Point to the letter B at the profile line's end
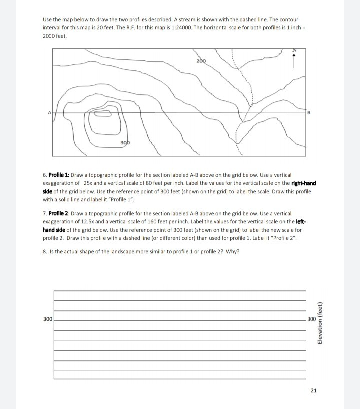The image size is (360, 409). coord(309,113)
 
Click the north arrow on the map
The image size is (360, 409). coord(294,60)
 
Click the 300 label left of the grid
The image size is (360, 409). coord(48,319)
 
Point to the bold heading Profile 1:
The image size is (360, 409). coord(59,176)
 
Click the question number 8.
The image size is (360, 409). coord(44,251)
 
